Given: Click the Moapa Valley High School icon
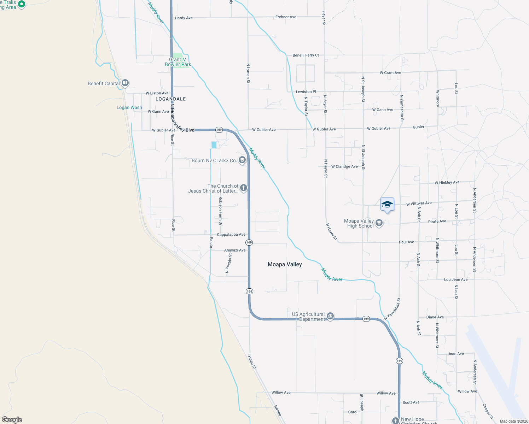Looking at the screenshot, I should (x=379, y=223).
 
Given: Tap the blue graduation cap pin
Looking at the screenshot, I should (x=387, y=205).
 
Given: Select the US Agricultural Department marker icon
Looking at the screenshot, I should (x=330, y=316).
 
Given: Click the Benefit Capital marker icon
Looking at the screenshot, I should (x=125, y=83).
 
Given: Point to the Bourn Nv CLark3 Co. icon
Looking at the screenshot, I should (x=242, y=160).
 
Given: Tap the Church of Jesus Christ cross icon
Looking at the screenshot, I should (x=244, y=188).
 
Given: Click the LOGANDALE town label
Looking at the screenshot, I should (x=170, y=99).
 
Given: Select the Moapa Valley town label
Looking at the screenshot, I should (x=285, y=264).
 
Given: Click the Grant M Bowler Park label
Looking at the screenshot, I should (x=178, y=62).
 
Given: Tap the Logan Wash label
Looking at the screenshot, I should (x=129, y=107).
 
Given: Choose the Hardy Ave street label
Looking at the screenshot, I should (x=184, y=18).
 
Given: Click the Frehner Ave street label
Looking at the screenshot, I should (x=286, y=17).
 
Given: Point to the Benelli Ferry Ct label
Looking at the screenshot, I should (x=306, y=55).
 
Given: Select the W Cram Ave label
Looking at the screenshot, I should (x=390, y=73).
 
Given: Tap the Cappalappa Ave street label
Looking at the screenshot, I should (x=231, y=235).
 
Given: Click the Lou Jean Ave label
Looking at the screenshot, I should (x=455, y=279).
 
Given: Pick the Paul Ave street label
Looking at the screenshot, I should (x=406, y=242).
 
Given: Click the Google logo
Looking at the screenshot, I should (x=12, y=420).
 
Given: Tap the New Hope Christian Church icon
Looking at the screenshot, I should (x=395, y=420).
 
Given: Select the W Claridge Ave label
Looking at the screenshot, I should (x=344, y=166).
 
